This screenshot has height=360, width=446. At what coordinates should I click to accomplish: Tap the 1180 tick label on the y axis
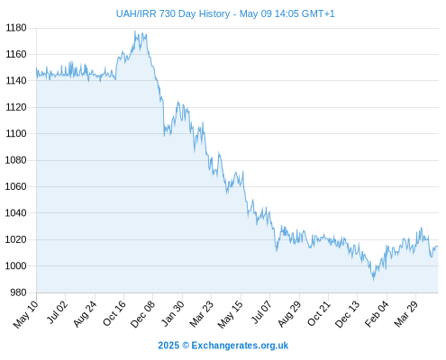pos(16,28)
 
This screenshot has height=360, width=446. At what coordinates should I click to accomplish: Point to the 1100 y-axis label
pos(16,133)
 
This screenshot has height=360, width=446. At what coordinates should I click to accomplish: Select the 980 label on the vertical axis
pos(18,292)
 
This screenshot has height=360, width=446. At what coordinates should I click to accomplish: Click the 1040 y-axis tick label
pos(16,213)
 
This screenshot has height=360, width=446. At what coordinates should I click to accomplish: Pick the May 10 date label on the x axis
pos(26,314)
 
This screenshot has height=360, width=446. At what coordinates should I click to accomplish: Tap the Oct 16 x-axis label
pos(114,313)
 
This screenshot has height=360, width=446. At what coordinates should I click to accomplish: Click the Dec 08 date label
pos(143,314)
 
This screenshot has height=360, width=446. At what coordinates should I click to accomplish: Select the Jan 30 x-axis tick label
pos(173,313)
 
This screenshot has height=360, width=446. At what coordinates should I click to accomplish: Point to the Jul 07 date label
pos(261,312)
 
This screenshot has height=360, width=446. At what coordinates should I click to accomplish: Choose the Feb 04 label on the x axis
pos(377,313)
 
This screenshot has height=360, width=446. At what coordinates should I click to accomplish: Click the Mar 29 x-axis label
pos(405,313)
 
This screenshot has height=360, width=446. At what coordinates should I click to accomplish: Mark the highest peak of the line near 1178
pos(134,31)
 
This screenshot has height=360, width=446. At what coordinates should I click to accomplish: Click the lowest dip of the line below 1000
pos(374,281)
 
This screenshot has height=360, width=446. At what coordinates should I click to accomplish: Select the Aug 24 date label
pos(85,313)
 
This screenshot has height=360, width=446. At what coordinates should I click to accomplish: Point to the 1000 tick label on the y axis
pos(16,266)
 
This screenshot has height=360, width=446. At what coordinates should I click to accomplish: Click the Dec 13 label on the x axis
pos(347,314)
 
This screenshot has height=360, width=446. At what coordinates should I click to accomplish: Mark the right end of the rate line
pos(438,247)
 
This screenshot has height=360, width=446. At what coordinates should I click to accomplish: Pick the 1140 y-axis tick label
pos(16,81)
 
